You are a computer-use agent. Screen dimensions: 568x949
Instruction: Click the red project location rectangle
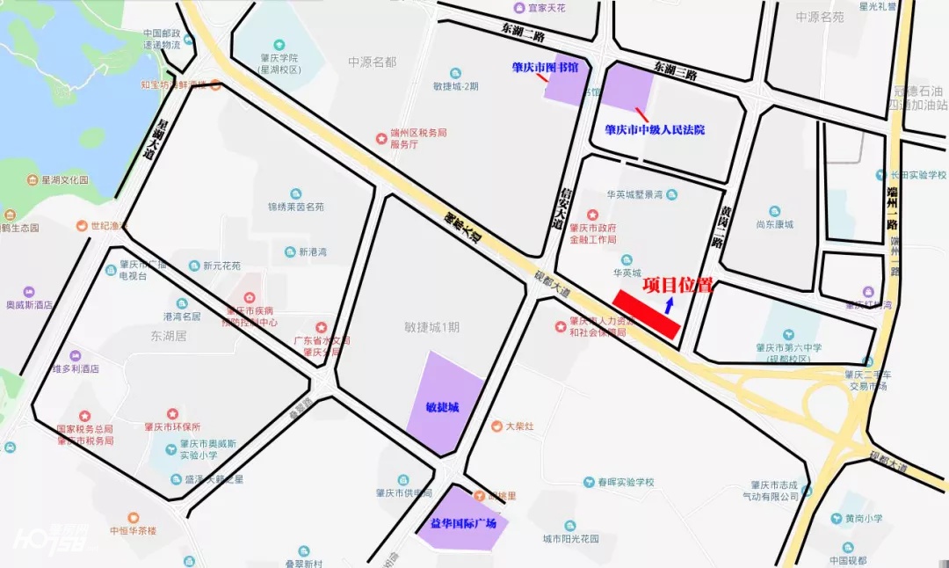647,314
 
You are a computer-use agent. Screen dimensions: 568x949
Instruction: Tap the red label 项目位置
677,286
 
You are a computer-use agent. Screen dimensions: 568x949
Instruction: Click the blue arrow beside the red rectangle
670,305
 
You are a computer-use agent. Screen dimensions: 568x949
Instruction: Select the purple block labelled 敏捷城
444,404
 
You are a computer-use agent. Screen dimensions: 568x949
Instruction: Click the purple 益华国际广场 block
462,521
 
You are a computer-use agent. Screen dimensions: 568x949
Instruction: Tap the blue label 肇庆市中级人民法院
655,129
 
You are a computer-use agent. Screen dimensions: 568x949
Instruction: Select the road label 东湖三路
675,70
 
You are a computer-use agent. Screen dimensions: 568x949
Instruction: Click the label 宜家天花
552,8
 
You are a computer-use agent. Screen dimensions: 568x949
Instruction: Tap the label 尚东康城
775,224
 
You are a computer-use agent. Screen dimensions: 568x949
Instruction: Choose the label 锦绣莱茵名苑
296,207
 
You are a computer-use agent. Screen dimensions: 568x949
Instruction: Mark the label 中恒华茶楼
133,530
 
